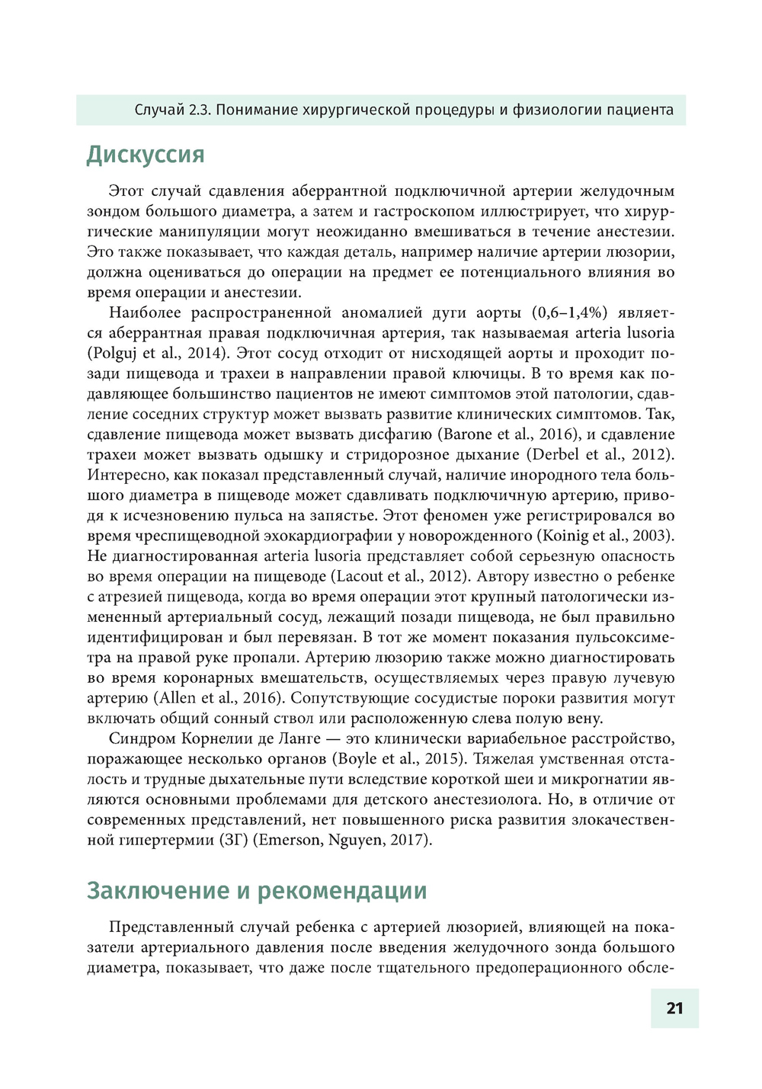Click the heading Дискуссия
(146, 154)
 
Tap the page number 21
(674, 1008)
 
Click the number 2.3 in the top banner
(199, 110)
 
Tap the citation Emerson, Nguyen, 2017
(342, 841)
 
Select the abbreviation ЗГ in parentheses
(233, 841)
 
